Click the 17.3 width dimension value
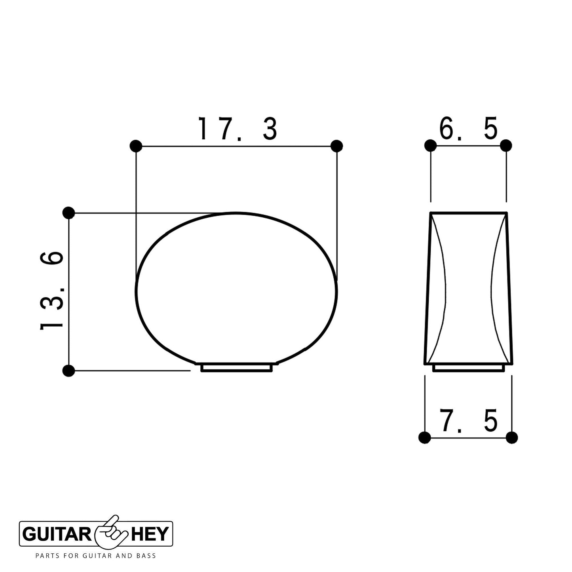[238, 129]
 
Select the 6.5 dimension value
[468, 129]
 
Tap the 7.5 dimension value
[468, 421]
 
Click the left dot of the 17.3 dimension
[136, 146]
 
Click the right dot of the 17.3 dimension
[336, 146]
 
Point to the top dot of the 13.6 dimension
[68, 213]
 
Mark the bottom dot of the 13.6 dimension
[68, 371]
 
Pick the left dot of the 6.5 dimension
[430, 146]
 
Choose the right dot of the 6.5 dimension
[506, 146]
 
